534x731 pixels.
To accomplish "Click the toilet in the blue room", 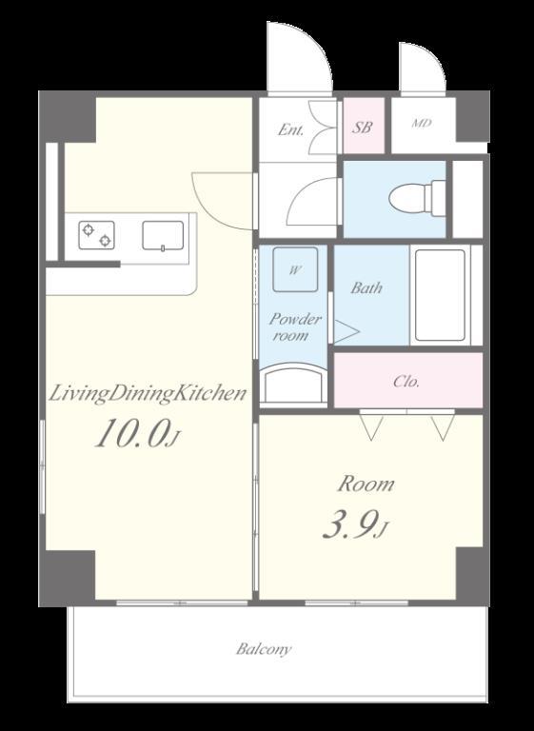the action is [417, 199].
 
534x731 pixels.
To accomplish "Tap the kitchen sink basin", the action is [163, 235].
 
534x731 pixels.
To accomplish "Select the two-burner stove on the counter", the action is [96, 235].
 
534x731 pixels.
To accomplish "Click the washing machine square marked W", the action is [295, 269].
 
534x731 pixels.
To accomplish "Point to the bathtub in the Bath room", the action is [440, 296].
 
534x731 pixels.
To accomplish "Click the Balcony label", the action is [264, 649].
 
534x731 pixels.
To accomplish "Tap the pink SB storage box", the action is [364, 126].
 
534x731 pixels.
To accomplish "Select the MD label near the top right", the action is [422, 124].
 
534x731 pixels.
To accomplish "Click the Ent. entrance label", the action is [290, 129].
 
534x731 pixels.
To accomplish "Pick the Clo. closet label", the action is [406, 382].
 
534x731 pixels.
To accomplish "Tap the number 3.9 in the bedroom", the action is [349, 525].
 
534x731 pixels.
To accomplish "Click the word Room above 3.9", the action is [366, 484].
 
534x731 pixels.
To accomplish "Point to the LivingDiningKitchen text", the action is [148, 393].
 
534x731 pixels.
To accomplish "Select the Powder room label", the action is [294, 326].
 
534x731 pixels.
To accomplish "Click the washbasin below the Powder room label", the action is [293, 384].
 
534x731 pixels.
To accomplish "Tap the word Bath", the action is [366, 287].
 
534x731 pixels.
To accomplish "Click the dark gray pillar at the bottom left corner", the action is [68, 577].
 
